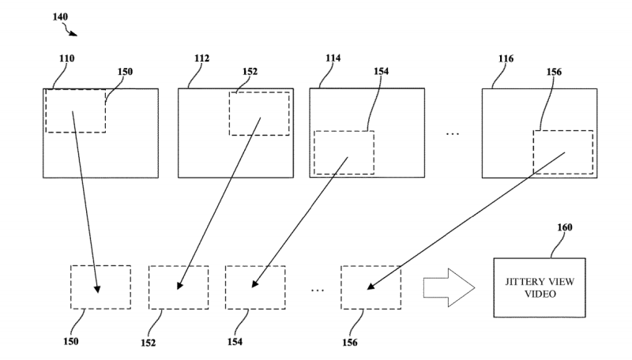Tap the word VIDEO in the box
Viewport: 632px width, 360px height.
(x=540, y=294)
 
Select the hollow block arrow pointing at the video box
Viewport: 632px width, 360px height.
(x=448, y=287)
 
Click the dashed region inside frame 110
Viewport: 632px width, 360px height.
(x=75, y=111)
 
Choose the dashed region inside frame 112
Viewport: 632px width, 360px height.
(x=258, y=113)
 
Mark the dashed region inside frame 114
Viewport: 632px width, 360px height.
(x=344, y=152)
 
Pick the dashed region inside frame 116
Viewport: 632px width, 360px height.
(x=562, y=152)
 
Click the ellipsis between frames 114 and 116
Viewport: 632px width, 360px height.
(x=453, y=133)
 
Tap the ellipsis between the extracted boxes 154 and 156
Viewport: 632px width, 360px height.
(x=317, y=291)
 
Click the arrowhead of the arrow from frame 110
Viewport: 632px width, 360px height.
(x=98, y=288)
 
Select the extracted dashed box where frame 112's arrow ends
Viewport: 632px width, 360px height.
(x=179, y=287)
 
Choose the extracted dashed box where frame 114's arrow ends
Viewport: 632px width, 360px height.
(x=255, y=287)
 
